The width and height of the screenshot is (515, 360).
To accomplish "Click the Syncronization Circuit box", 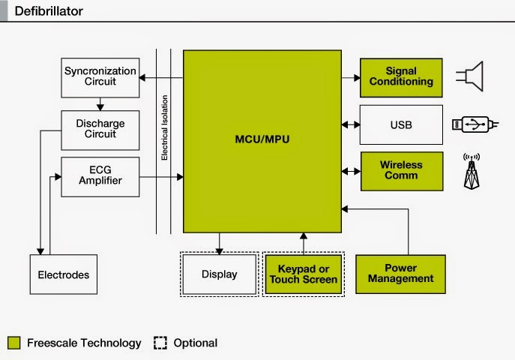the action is tap(100, 78).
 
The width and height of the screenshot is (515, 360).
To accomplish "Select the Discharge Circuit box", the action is tap(100, 130).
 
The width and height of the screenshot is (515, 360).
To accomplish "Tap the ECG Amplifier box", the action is tap(100, 177).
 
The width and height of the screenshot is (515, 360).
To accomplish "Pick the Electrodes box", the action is tap(64, 274).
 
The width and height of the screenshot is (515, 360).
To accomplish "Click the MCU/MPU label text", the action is tap(262, 139).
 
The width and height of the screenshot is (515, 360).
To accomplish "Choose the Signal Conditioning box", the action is tap(401, 78).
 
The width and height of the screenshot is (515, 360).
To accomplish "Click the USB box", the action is tap(401, 124).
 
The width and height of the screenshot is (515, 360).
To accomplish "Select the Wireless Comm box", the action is tap(402, 171).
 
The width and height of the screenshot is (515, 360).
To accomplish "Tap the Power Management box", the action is tap(401, 274).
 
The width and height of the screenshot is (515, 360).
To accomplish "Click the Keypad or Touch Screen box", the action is tap(304, 274).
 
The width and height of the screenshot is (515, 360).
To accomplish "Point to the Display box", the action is tap(220, 274).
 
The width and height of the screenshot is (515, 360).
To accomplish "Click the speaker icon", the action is tap(470, 76).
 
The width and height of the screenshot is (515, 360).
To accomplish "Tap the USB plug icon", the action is tap(475, 124).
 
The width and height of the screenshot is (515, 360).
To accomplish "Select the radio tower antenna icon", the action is tap(472, 172).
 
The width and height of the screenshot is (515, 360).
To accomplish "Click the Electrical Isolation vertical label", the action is tap(164, 127).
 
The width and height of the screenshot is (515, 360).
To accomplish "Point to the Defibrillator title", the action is tap(49, 11).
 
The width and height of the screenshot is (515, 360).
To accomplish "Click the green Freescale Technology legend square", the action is tap(13, 343).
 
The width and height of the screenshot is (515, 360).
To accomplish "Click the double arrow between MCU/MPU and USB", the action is tap(351, 124).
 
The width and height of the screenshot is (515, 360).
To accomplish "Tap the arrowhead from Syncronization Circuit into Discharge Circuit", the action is tap(100, 107).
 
